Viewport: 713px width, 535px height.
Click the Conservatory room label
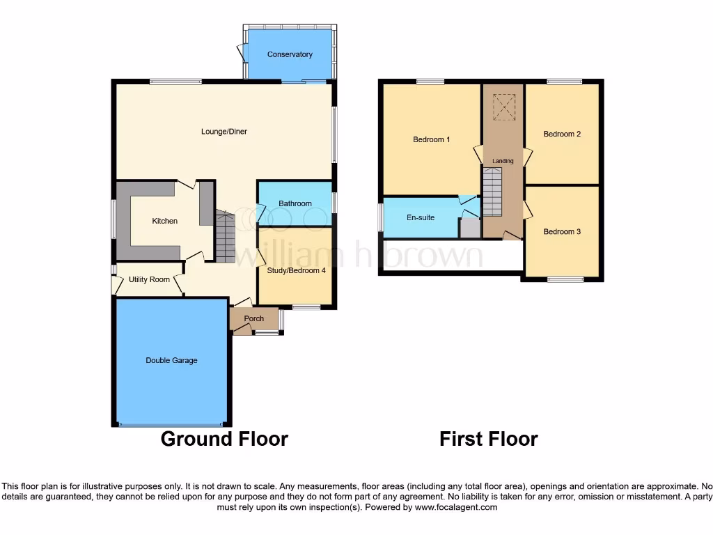coord(290,54)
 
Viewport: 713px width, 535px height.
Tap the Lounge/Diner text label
coord(224,132)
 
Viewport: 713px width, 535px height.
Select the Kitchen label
coord(165,221)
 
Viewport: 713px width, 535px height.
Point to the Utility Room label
coord(149,279)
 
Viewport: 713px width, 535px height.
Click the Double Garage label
coord(171,360)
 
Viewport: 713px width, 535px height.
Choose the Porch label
coord(254,319)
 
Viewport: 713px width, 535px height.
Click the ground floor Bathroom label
coord(295,203)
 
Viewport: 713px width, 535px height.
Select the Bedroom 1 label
coord(432,139)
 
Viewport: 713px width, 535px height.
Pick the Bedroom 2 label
coord(562,134)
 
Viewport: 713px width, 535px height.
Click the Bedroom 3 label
coord(562,231)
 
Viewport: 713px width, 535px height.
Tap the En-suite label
coord(421,217)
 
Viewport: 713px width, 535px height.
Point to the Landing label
coord(503,161)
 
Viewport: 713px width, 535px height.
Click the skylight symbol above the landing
coord(503,107)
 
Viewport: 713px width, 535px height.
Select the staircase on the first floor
coord(492,192)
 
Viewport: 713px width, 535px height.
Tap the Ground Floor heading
coord(224,439)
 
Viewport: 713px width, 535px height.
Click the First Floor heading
coord(489,439)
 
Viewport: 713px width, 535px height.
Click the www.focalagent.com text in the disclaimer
coord(456,508)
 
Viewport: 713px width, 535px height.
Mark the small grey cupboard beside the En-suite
coord(470,228)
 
